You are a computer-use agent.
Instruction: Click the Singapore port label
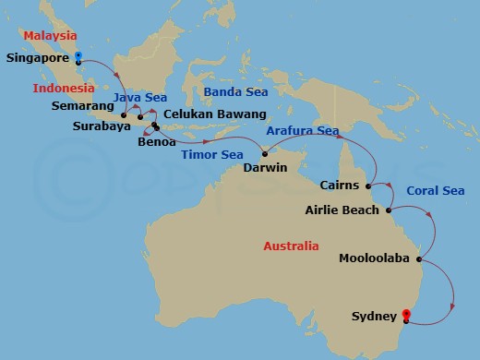38,57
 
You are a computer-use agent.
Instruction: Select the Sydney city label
374,317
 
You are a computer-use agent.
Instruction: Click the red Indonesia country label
64,89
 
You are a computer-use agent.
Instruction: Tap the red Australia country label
290,246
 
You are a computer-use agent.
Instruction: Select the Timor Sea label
211,154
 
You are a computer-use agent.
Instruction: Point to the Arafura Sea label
303,132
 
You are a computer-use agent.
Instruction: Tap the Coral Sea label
435,190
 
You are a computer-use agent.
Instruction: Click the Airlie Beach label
342,210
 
